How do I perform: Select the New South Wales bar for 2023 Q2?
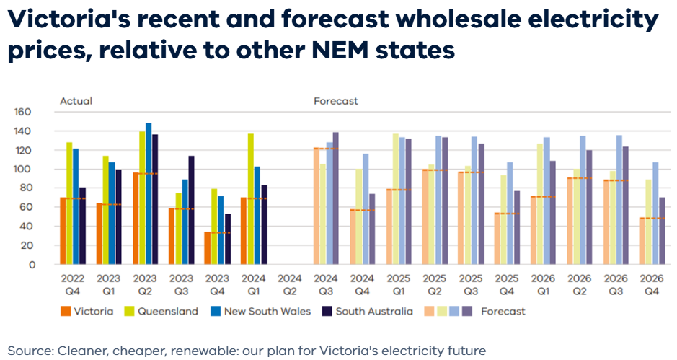tap(149, 193)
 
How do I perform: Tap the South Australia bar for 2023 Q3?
tap(192, 210)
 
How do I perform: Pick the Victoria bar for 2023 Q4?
tap(208, 247)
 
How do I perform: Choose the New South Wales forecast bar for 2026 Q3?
tap(619, 200)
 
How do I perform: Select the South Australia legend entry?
tap(373, 312)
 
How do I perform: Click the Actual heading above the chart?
tap(76, 101)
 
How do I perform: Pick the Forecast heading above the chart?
tap(336, 101)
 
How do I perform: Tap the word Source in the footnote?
tap(27, 351)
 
